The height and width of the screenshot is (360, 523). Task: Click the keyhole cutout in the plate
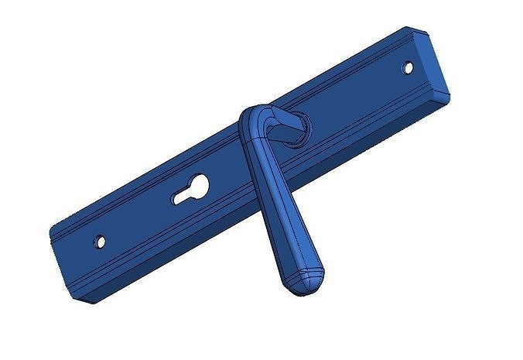click(x=190, y=190)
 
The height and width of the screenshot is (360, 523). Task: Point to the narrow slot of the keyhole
click(x=183, y=197)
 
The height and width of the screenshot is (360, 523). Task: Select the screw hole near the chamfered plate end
click(x=408, y=67)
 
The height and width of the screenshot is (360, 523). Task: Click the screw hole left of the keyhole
click(x=99, y=242)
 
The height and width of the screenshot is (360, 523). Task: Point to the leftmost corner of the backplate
click(x=50, y=231)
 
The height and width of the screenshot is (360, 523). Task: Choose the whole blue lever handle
click(x=275, y=194)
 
